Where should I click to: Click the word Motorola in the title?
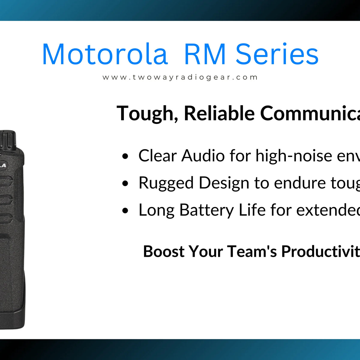click(105, 54)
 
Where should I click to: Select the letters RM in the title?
click(205, 54)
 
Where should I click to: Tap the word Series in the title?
click(277, 54)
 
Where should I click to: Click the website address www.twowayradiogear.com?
click(180, 77)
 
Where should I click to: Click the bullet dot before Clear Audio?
click(125, 157)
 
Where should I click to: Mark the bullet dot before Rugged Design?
click(125, 184)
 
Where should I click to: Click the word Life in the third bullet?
click(252, 210)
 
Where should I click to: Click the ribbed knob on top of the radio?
click(7, 139)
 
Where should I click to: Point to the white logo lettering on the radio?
click(3, 165)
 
